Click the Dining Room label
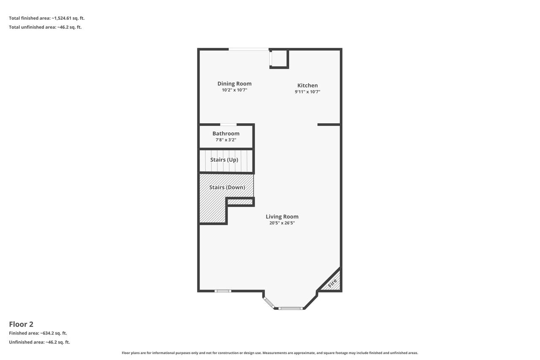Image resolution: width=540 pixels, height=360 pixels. pos(234,84)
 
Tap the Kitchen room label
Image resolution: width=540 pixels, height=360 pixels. pos(307,85)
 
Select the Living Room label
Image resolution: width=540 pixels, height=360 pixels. pos(282,217)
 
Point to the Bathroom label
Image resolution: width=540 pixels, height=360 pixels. pos(226,133)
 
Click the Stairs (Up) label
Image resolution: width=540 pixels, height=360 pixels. pos(224,160)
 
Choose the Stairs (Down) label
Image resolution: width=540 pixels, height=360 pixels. pos(227,187)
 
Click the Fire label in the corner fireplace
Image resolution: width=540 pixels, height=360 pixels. pos(332,283)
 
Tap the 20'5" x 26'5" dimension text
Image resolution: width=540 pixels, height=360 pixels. pos(282,223)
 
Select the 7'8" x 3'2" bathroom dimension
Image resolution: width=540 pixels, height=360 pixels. pos(226,140)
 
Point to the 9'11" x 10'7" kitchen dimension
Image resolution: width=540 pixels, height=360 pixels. pos(307,92)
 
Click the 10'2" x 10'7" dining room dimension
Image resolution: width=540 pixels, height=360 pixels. pos(234,90)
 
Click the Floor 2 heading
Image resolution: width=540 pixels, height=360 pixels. pos(21,324)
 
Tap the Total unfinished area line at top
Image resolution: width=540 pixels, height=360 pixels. pos(45,27)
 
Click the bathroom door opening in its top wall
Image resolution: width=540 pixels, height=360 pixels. pos(228,125)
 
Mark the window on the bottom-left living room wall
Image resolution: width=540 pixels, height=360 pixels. pos(223,291)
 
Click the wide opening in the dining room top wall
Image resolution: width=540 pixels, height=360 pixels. pos(249,49)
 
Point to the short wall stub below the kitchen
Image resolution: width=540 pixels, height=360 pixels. pos(329,125)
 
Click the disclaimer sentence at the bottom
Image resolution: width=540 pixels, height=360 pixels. pos(270,353)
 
